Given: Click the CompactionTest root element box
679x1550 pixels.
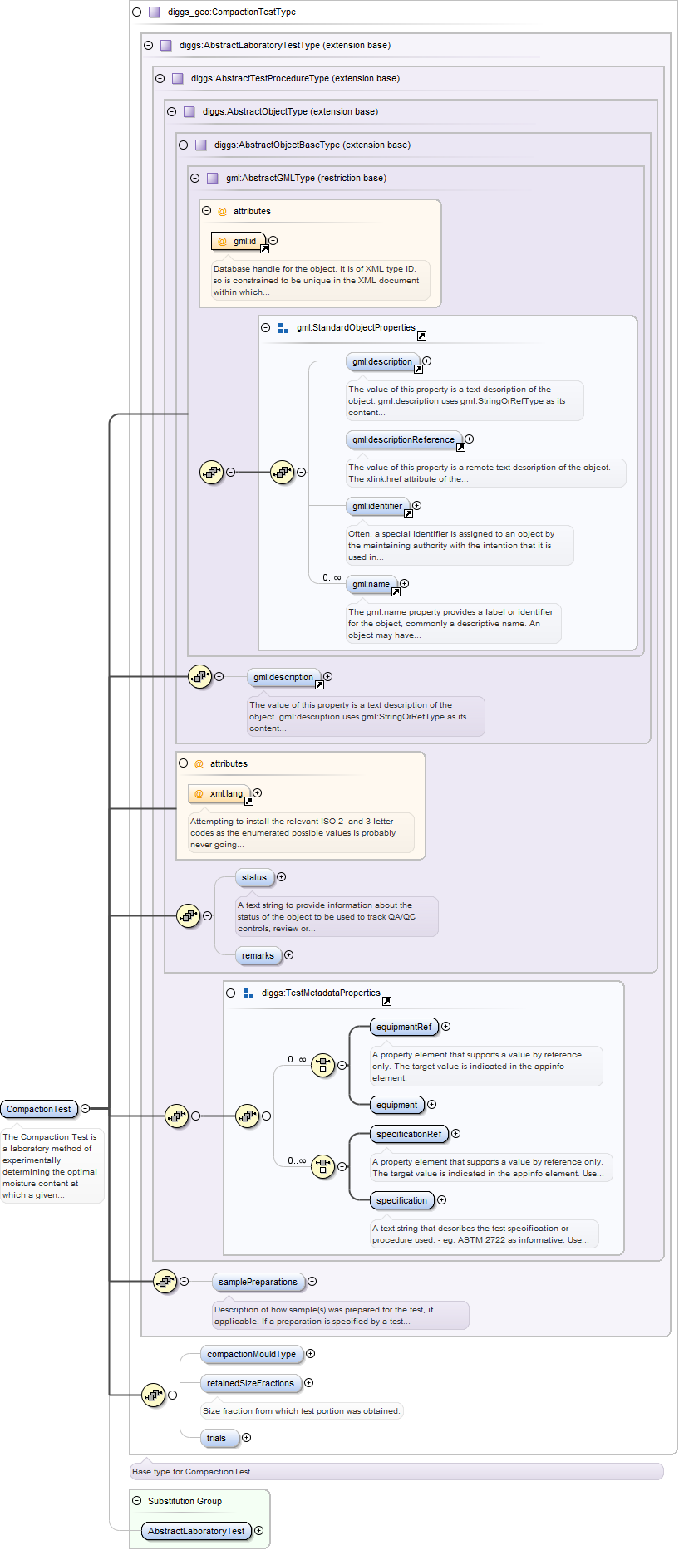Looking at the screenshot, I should pyautogui.click(x=39, y=1109).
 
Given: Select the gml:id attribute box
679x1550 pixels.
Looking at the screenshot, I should pyautogui.click(x=239, y=241).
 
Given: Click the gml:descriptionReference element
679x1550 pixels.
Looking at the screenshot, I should pyautogui.click(x=403, y=439).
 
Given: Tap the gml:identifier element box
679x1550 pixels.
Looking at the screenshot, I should pyautogui.click(x=376, y=506).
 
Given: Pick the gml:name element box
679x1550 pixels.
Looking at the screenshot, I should pyautogui.click(x=371, y=584).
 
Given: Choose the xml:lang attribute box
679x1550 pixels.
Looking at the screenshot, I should pyautogui.click(x=219, y=793).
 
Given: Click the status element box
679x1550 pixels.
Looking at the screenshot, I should pyautogui.click(x=254, y=877).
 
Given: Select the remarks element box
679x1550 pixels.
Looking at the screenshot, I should pyautogui.click(x=258, y=955).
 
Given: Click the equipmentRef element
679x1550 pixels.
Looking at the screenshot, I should pyautogui.click(x=404, y=1027).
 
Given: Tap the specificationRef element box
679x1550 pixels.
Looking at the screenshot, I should pyautogui.click(x=409, y=1134).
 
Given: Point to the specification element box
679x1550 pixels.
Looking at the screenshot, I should pyautogui.click(x=401, y=1200).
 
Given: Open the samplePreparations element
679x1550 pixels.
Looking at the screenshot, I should pyautogui.click(x=258, y=1282).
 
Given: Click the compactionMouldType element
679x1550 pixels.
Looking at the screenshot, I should pyautogui.click(x=251, y=1354).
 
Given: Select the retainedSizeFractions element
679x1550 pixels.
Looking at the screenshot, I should pyautogui.click(x=250, y=1383).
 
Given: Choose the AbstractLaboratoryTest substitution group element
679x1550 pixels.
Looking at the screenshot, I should pyautogui.click(x=196, y=1531).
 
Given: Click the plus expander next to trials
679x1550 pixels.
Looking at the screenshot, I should pyautogui.click(x=246, y=1438).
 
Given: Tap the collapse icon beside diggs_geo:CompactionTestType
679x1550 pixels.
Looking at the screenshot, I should pyautogui.click(x=137, y=12).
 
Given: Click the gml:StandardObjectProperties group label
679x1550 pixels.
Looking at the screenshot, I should pyautogui.click(x=356, y=327).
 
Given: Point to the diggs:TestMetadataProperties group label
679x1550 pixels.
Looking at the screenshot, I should pyautogui.click(x=321, y=993).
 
